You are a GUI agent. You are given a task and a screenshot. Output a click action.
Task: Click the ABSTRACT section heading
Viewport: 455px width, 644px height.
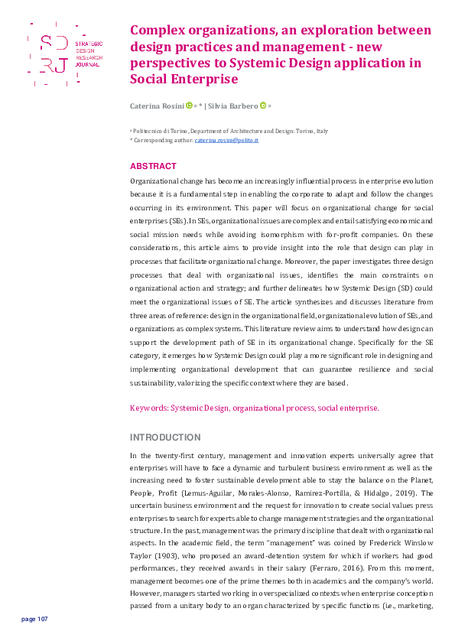(153, 166)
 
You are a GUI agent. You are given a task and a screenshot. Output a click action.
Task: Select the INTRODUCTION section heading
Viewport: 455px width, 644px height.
(165, 437)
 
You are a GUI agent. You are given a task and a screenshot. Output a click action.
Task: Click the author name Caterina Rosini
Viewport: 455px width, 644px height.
(157, 106)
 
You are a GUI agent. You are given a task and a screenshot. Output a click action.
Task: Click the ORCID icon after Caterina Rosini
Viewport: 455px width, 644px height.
(188, 106)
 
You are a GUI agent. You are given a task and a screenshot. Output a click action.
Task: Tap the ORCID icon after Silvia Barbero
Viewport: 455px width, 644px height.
(263, 106)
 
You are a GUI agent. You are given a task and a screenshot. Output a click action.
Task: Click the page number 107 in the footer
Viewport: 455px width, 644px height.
(35, 619)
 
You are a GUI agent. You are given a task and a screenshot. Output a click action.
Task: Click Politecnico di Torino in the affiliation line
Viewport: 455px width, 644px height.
(160, 132)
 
